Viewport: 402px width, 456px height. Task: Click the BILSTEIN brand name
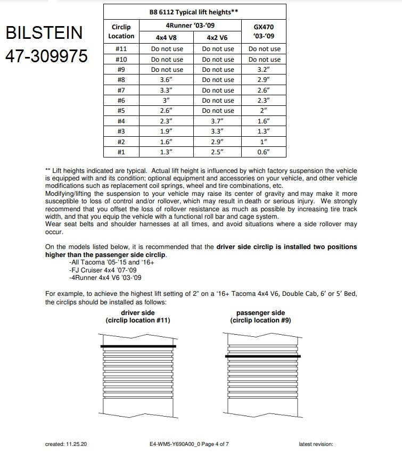pyautogui.click(x=44, y=33)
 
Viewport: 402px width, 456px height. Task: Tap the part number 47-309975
pyautogui.click(x=46, y=56)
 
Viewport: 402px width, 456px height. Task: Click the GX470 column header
pyautogui.click(x=265, y=31)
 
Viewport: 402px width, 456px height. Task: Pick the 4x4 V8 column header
pyautogui.click(x=167, y=37)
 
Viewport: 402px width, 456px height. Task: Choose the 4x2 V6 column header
pyautogui.click(x=219, y=37)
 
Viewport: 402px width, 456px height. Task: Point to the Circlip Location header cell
pyautogui.click(x=121, y=31)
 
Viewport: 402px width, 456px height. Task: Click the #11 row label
pyautogui.click(x=121, y=49)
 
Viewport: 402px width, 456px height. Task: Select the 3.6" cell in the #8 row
pyautogui.click(x=167, y=80)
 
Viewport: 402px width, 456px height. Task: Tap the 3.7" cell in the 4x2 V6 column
pyautogui.click(x=219, y=121)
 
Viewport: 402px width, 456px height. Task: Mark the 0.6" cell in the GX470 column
pyautogui.click(x=265, y=152)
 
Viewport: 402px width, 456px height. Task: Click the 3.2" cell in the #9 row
pyautogui.click(x=265, y=70)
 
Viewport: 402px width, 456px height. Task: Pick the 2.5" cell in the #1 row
pyautogui.click(x=219, y=152)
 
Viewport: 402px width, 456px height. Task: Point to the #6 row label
pyautogui.click(x=121, y=101)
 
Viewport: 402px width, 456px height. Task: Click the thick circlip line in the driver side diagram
pyautogui.click(x=138, y=346)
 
